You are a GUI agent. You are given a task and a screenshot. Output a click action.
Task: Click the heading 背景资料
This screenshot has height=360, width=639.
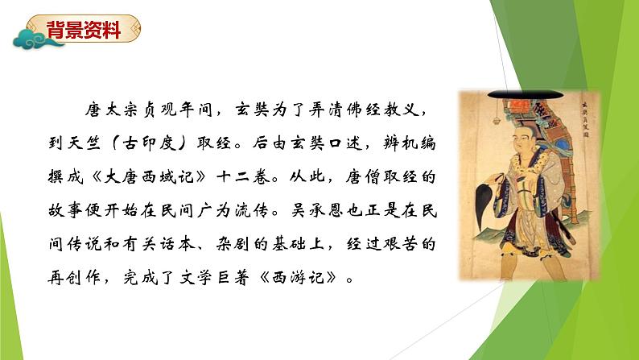[x=84, y=31]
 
